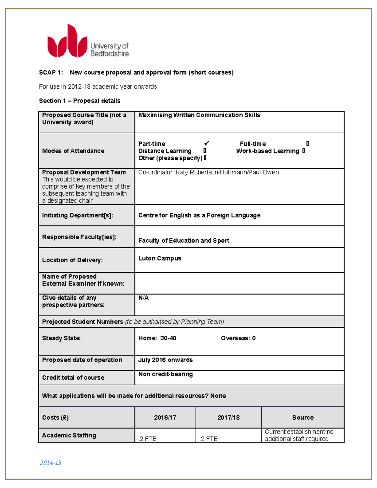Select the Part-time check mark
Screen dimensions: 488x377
coord(206,144)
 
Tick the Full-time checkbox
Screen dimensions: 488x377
coord(308,144)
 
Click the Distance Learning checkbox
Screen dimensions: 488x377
coord(205,151)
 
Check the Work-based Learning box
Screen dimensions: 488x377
coord(303,151)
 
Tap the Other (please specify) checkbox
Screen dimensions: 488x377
coord(205,158)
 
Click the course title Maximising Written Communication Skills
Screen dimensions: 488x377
coord(199,115)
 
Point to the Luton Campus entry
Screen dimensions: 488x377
coord(160,258)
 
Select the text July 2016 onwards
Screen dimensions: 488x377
coord(165,360)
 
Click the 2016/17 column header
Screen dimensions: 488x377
coord(165,418)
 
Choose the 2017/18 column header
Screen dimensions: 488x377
coord(228,418)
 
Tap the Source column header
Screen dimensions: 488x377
coord(303,418)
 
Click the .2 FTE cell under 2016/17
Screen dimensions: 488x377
coord(148,439)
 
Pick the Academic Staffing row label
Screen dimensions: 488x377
coord(69,436)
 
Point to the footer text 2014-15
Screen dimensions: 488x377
coord(51,463)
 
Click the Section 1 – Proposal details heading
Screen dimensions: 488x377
coord(79,101)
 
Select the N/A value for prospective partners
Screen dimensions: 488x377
coord(144,298)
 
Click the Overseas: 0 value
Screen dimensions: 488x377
coord(238,338)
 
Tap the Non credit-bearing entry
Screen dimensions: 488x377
coord(166,374)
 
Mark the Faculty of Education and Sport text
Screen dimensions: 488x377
coord(184,241)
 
